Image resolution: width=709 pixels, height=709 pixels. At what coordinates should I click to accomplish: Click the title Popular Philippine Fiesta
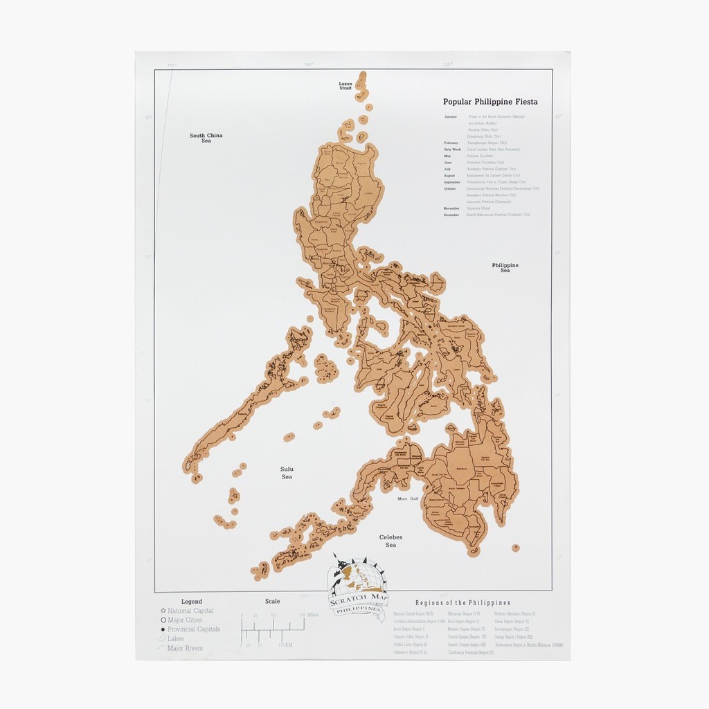(490, 102)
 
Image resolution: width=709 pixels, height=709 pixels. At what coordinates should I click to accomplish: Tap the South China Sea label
(206, 138)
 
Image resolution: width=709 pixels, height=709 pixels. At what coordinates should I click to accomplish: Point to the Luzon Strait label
(345, 86)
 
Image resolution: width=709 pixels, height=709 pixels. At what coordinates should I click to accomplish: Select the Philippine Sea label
(505, 267)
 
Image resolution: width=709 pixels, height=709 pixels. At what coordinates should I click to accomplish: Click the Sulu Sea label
(287, 473)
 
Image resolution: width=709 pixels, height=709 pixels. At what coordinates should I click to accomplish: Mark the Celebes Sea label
(391, 541)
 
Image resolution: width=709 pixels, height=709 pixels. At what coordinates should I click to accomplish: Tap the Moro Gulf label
(409, 499)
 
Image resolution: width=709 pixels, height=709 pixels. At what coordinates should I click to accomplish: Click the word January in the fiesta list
(451, 117)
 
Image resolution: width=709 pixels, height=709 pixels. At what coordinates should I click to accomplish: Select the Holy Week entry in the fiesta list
(452, 149)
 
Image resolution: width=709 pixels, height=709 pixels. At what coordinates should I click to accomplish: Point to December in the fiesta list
(452, 215)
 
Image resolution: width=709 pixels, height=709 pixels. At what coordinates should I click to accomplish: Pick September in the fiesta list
(454, 182)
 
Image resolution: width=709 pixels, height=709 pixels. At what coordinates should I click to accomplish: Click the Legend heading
(191, 602)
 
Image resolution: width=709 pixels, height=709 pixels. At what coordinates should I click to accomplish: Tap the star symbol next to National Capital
(163, 611)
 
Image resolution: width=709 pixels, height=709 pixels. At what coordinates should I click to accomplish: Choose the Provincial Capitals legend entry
(193, 629)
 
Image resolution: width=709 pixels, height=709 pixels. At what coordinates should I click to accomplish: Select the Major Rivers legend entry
(185, 649)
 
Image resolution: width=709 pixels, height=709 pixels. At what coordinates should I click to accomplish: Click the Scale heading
(272, 602)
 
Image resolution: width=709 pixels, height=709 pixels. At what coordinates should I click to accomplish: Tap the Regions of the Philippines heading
(463, 603)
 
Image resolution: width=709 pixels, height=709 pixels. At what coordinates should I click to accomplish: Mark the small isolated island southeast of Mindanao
(515, 548)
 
